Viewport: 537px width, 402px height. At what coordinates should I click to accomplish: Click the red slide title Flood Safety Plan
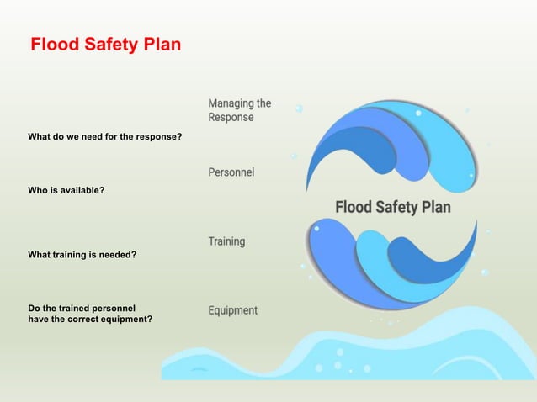(105, 45)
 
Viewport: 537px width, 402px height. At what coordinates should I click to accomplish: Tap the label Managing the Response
(240, 110)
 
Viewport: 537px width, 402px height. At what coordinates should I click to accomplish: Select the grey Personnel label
(231, 172)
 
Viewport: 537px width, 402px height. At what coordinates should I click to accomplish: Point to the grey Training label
(227, 241)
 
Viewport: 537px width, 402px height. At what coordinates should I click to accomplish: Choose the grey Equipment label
(233, 310)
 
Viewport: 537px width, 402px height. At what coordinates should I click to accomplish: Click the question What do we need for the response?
(105, 136)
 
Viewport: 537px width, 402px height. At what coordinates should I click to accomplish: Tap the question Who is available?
(66, 190)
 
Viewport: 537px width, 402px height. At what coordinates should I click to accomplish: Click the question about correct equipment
(90, 314)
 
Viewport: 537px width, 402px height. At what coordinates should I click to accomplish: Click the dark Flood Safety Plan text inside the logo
(393, 207)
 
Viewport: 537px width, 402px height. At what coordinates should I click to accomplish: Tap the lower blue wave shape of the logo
(387, 261)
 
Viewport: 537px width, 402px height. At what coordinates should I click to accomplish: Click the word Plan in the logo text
(435, 207)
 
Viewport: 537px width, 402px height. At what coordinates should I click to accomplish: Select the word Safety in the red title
(112, 45)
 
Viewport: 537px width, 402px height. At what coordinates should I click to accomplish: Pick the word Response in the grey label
(231, 118)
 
